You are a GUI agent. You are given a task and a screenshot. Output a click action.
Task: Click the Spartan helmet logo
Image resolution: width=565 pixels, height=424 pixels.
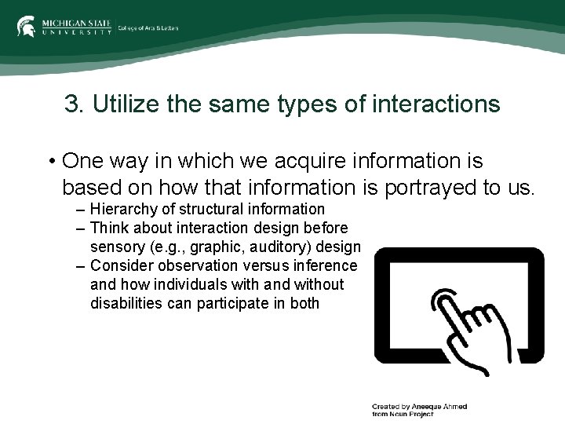click(x=26, y=27)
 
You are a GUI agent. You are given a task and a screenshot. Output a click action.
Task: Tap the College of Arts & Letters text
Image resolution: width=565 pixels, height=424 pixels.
click(x=148, y=28)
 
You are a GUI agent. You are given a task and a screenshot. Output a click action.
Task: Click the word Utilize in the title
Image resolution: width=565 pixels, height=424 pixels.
click(x=119, y=104)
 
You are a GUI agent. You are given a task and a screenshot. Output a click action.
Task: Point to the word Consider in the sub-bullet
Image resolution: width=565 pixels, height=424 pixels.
click(x=118, y=265)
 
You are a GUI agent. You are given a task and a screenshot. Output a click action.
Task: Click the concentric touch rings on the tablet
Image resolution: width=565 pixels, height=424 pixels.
click(x=443, y=303)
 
